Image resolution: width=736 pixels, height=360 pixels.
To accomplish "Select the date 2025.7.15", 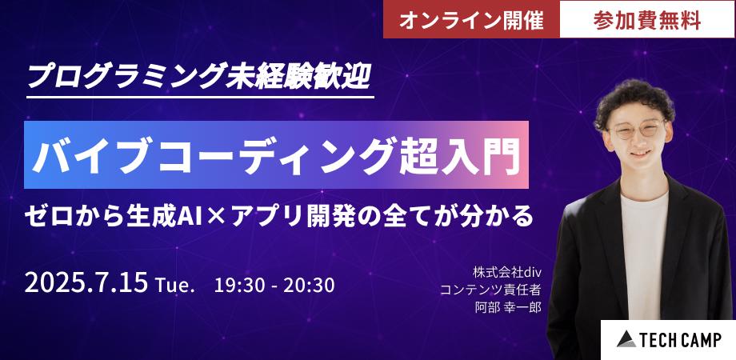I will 86,284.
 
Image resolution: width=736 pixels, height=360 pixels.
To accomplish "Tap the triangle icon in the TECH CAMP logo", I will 626,339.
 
